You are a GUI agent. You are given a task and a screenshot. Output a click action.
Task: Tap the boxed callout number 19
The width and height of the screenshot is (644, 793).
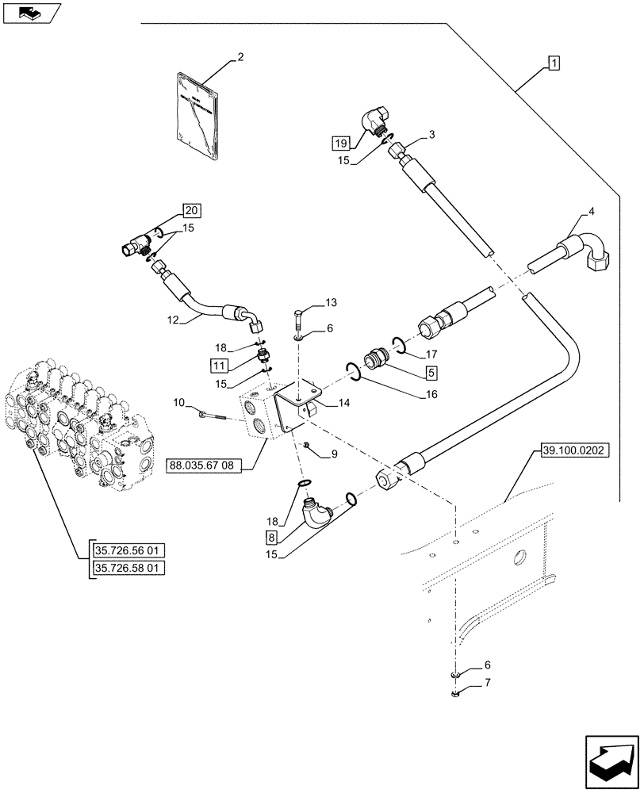coord(340,143)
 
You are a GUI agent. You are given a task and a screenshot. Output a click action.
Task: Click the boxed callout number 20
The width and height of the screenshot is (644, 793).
coord(190,210)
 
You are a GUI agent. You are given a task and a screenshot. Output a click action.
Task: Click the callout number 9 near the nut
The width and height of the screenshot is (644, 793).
coord(334,454)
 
